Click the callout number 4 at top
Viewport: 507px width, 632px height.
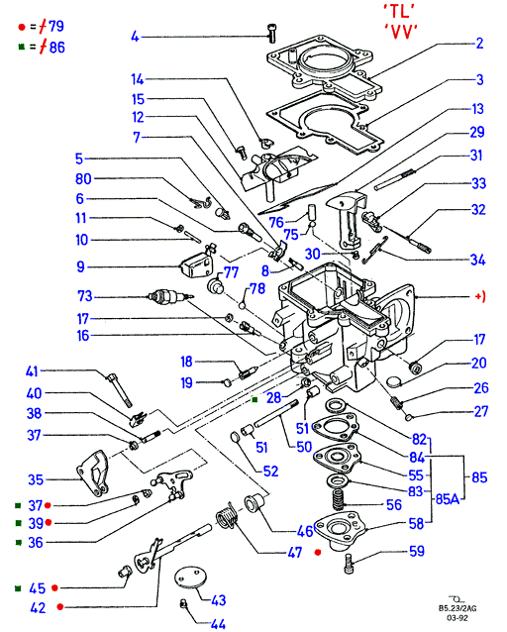coord(135,37)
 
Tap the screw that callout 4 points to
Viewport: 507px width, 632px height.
coord(271,33)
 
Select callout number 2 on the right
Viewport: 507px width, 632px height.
coord(479,44)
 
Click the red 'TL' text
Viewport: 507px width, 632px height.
coord(399,12)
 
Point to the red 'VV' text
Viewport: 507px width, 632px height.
coord(401,32)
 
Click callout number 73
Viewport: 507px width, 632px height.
coord(84,296)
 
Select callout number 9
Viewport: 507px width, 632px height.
coord(80,266)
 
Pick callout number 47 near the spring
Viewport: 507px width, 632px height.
coord(295,552)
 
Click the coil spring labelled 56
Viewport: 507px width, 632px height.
coord(340,500)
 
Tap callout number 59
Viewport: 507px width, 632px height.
coord(417,551)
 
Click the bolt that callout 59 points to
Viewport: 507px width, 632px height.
coord(349,564)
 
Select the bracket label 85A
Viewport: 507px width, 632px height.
coord(448,499)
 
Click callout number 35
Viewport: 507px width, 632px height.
coord(35,479)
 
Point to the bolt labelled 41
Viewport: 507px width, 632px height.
coord(119,389)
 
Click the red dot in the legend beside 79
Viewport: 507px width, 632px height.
coord(22,27)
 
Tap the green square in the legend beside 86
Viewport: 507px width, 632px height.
coord(22,48)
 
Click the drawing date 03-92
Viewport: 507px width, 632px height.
coord(457,617)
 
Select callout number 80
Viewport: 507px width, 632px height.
coord(83,178)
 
